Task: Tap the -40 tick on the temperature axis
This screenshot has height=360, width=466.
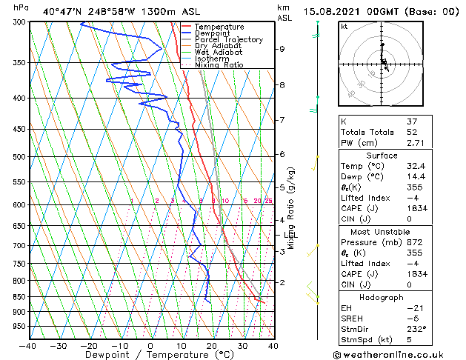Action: point(28,345)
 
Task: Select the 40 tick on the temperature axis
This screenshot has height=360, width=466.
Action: point(273,345)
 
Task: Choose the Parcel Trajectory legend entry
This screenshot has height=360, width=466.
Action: point(228,40)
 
